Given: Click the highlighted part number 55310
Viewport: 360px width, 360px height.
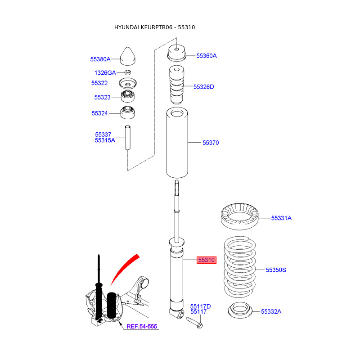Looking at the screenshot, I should point(207,260).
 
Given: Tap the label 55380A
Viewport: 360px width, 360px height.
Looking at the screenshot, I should point(100,59).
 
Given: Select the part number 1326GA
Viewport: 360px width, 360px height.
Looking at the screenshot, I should point(105,72).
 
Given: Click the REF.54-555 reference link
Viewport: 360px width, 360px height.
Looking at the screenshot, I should point(141,326).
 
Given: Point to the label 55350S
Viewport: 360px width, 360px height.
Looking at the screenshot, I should point(276,270).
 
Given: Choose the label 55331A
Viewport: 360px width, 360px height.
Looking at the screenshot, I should point(281,218).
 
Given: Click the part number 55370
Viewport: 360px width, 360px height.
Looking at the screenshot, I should point(211,143).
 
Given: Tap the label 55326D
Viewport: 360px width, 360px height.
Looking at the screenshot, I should point(204,86).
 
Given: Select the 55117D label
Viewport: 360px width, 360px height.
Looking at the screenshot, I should point(200,306).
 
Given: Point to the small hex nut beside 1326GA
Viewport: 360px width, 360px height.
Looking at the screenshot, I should point(127,72).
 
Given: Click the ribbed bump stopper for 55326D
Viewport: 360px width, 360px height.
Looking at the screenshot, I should point(177,85).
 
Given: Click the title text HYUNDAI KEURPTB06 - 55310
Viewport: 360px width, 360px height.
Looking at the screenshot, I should point(154,27).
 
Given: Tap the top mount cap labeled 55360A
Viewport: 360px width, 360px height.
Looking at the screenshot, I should point(177,53).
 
